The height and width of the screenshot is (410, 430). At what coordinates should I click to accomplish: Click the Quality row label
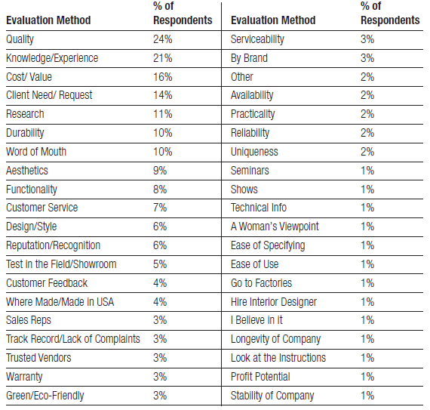(x=20, y=39)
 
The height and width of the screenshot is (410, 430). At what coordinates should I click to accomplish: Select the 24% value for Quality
(x=163, y=39)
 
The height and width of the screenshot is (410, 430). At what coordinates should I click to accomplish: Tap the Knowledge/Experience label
(x=52, y=58)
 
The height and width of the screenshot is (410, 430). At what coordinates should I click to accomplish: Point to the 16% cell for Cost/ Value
(x=163, y=77)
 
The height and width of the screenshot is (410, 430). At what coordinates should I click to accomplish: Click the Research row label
(x=25, y=114)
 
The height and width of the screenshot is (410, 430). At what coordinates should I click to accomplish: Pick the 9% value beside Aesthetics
(x=160, y=171)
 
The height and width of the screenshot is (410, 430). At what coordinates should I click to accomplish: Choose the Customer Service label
(x=42, y=208)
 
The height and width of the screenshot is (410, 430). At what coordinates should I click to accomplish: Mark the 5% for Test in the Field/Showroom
(x=160, y=264)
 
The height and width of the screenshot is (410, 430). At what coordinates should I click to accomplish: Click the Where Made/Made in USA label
(x=60, y=302)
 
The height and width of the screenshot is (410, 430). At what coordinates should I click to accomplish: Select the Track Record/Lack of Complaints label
(x=73, y=339)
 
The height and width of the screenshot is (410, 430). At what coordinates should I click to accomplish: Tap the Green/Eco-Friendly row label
(x=45, y=396)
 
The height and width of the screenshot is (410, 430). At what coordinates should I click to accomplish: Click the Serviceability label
(x=257, y=39)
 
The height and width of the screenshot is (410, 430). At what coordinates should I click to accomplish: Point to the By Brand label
(x=249, y=58)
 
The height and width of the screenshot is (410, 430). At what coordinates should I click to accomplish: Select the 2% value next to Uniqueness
(x=367, y=152)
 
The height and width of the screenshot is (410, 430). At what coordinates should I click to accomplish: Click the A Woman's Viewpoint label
(x=275, y=227)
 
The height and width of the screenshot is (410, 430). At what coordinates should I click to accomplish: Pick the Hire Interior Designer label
(x=274, y=302)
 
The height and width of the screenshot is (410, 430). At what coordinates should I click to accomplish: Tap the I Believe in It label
(x=256, y=320)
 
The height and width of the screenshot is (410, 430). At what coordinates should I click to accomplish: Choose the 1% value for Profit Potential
(x=367, y=377)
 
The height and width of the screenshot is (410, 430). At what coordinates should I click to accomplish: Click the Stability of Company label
(x=272, y=396)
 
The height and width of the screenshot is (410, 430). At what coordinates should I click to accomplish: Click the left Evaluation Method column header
(x=48, y=20)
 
